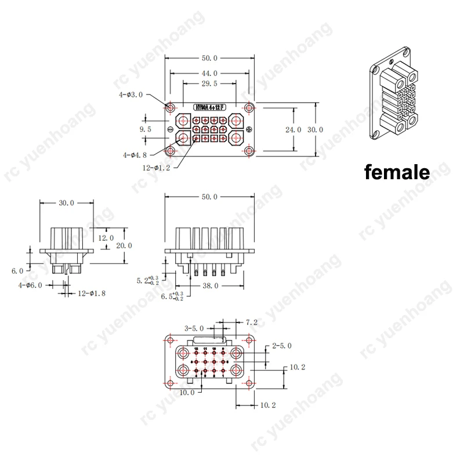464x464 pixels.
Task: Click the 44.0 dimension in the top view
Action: [x=209, y=73]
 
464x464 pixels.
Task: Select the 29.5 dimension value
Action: [x=209, y=84]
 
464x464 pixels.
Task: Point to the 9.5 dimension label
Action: [x=146, y=130]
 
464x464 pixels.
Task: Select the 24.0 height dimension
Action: [x=295, y=130]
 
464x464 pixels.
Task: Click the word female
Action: [x=397, y=172]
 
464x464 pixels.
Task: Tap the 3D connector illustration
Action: [x=394, y=101]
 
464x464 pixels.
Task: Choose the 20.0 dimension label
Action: [x=124, y=245]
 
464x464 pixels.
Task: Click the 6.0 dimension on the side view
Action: [x=17, y=271]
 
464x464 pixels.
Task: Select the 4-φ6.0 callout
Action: [x=30, y=285]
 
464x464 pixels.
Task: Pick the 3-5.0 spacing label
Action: [x=193, y=328]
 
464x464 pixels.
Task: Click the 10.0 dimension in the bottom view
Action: [x=187, y=393]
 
